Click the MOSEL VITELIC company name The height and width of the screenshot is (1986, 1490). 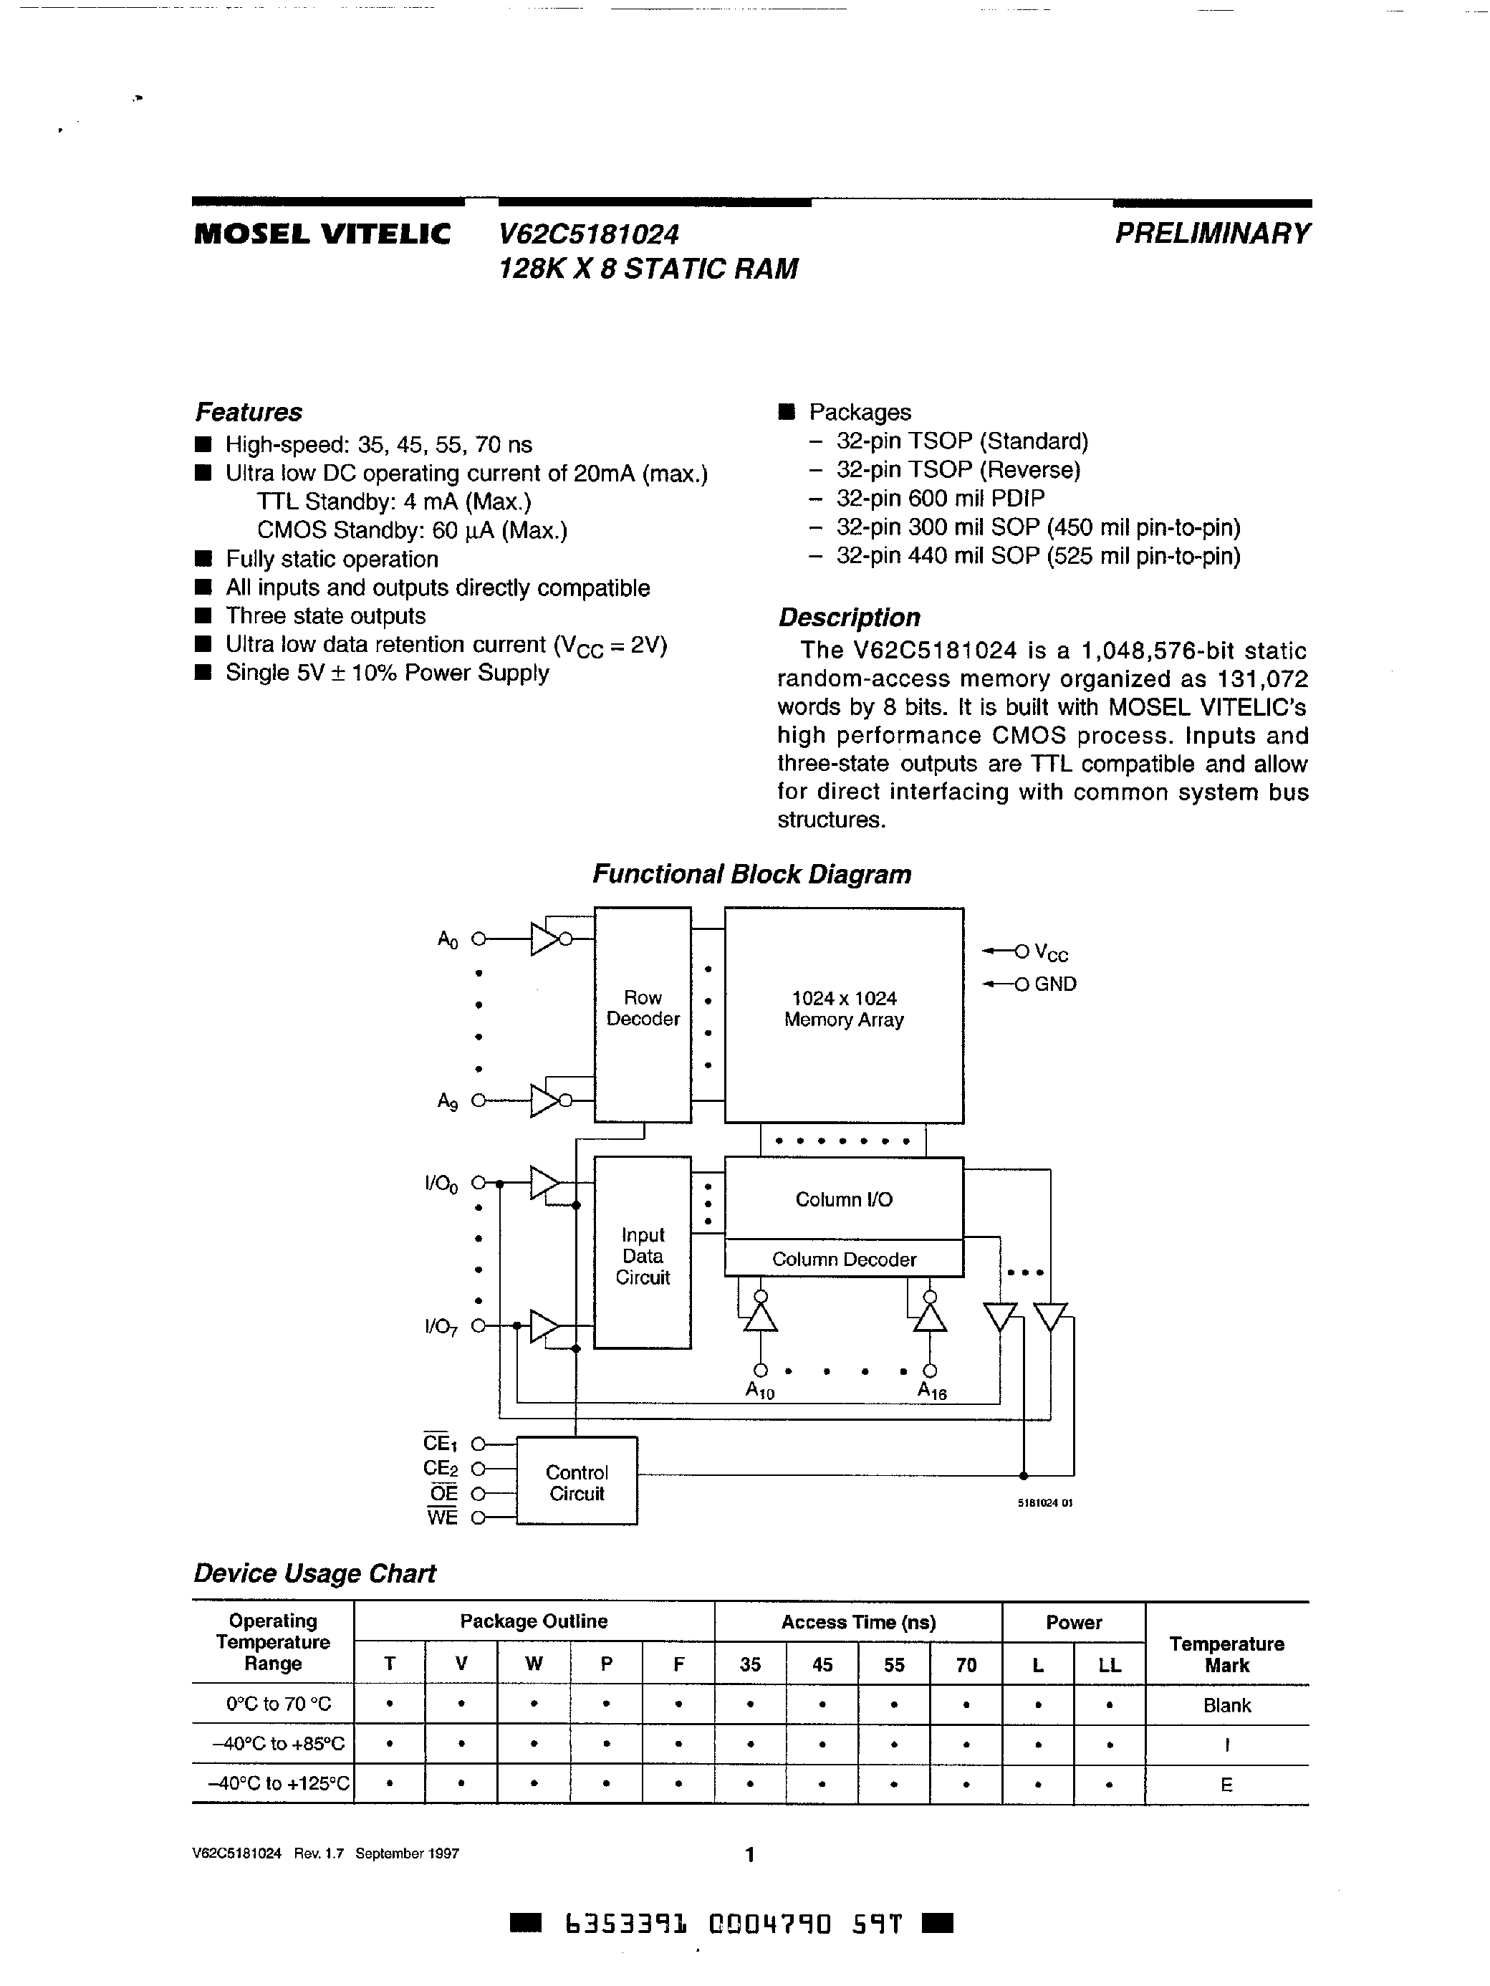(322, 234)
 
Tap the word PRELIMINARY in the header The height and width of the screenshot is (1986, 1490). (1212, 234)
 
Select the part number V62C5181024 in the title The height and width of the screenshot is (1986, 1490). (589, 234)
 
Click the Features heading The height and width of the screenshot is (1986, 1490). (249, 412)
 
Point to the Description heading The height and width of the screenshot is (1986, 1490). (849, 618)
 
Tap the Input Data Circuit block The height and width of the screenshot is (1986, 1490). (643, 1255)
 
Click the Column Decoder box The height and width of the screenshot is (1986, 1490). (844, 1260)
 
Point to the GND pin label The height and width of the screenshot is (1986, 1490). (1054, 984)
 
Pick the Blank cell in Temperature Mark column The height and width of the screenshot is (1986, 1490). (1226, 1706)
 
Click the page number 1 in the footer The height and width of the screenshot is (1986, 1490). (749, 1854)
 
